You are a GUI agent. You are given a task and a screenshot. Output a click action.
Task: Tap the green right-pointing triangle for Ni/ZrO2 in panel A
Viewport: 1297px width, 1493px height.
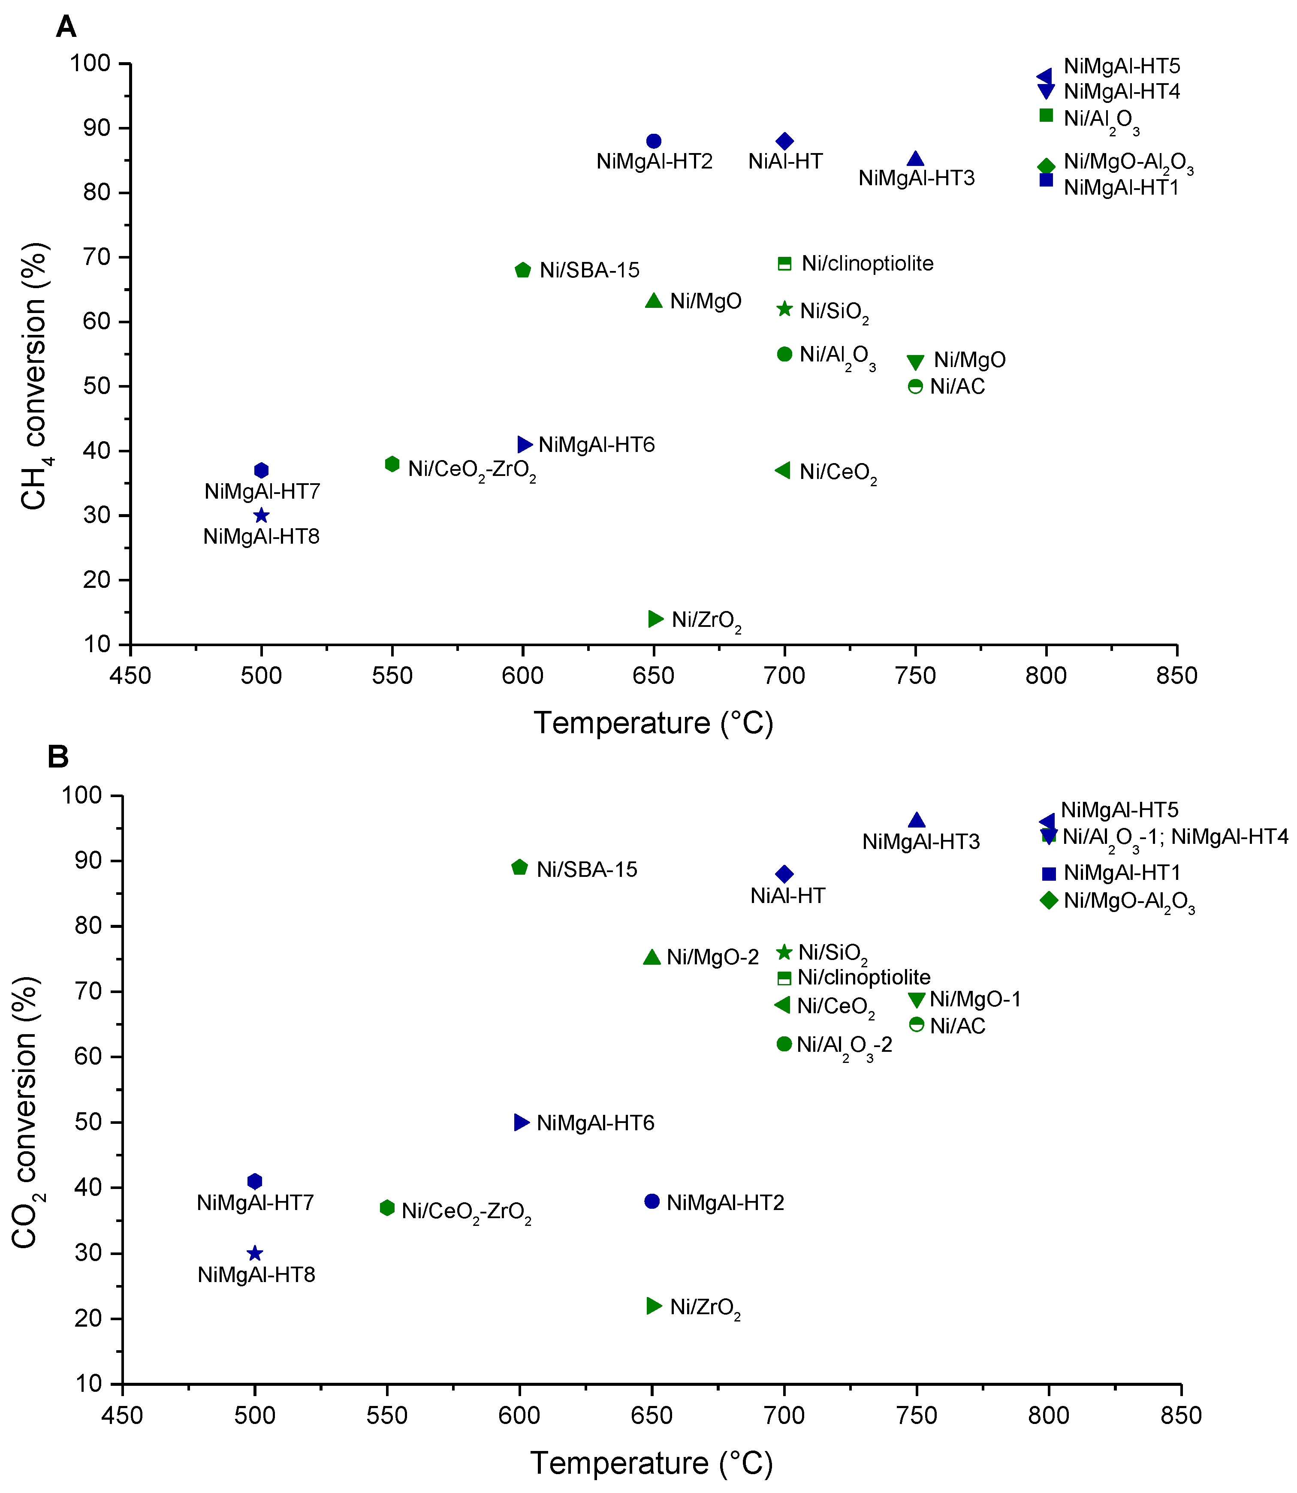656,619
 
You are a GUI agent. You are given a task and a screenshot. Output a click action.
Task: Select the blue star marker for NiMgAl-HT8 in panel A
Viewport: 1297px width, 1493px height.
261,516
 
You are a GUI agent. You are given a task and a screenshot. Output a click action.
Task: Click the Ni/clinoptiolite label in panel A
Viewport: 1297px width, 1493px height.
867,263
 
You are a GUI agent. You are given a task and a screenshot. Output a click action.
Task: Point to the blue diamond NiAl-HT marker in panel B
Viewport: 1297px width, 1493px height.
784,874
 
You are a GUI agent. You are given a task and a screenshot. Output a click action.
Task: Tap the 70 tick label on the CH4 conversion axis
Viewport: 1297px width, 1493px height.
96,257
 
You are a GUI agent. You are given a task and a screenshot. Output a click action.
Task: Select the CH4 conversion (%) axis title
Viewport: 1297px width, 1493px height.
34,376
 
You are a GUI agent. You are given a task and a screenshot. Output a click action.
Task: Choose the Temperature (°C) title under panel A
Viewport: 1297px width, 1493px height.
654,723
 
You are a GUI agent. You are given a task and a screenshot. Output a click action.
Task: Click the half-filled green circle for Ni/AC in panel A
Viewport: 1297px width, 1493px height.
916,386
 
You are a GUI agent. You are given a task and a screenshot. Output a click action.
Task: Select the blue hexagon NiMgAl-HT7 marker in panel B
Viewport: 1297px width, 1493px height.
255,1181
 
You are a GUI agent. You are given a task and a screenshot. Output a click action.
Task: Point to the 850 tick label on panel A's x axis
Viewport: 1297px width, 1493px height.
1177,676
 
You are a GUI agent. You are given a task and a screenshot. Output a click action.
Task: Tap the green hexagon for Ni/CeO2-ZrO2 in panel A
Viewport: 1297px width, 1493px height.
392,464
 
